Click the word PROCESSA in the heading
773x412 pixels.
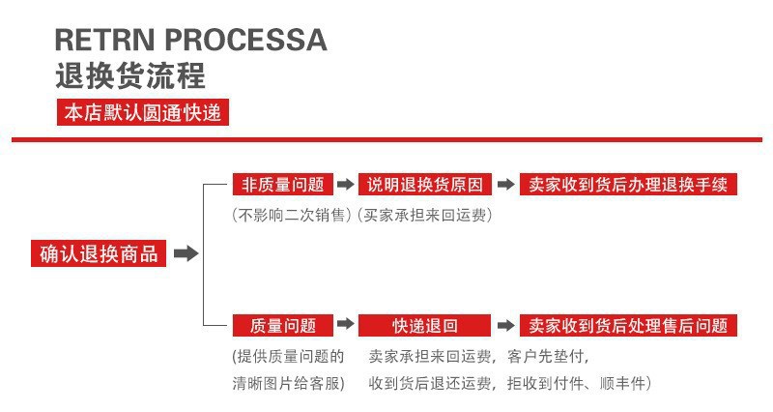(246, 41)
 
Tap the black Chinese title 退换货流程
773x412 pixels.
(130, 75)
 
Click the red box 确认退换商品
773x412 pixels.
(99, 254)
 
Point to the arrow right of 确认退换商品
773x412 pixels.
(186, 254)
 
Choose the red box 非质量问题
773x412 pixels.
(282, 185)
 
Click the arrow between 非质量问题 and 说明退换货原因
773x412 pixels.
(345, 185)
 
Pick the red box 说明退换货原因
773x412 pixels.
(425, 185)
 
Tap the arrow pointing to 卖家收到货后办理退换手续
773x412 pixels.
(505, 185)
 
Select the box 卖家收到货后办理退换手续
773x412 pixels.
(628, 185)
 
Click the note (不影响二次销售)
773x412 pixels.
(293, 215)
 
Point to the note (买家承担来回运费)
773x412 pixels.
(425, 215)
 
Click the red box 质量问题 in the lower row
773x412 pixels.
(282, 326)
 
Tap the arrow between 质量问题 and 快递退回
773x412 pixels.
(345, 326)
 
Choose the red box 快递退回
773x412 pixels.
(425, 326)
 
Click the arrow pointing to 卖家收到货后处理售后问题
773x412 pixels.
(505, 326)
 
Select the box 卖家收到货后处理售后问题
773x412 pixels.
(628, 326)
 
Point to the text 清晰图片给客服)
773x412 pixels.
(289, 383)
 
